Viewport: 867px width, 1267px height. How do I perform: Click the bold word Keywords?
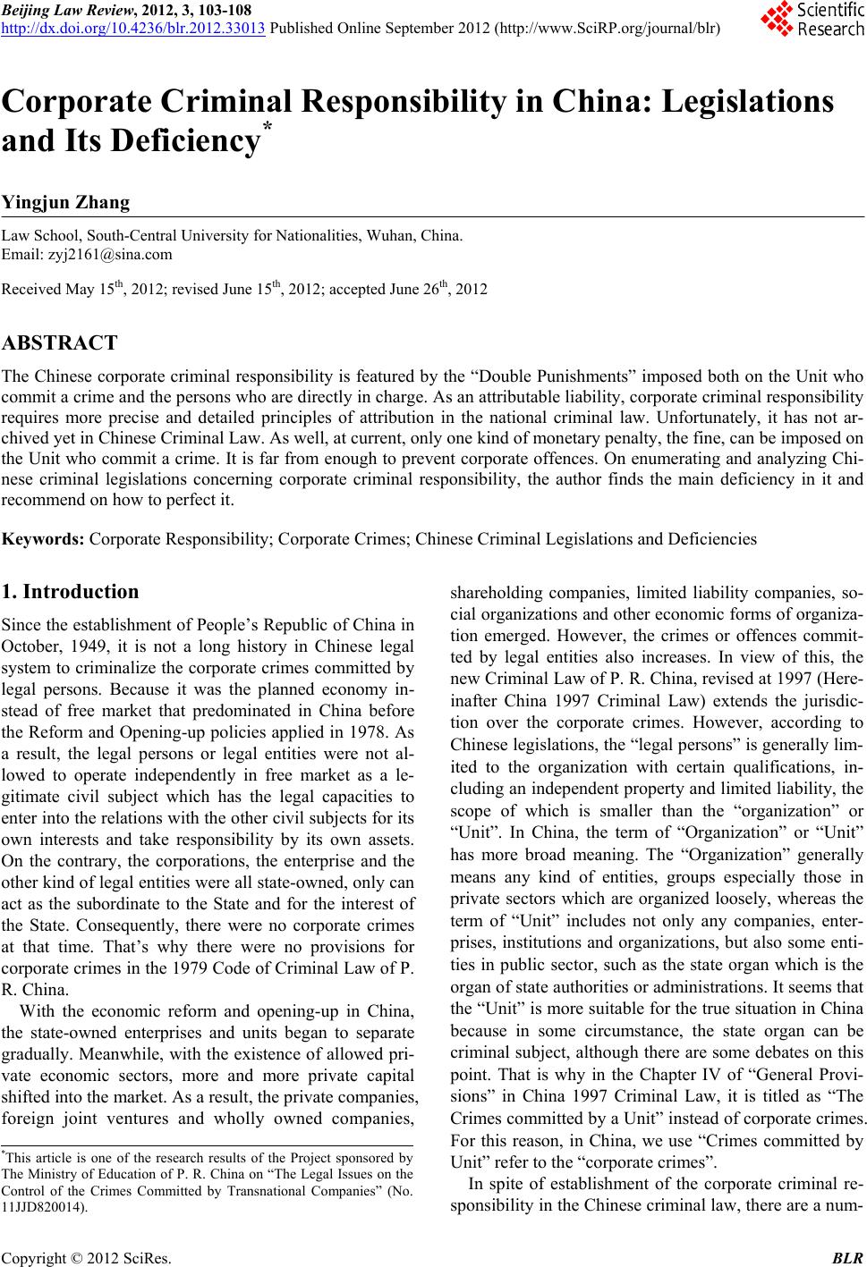[x=44, y=539]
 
